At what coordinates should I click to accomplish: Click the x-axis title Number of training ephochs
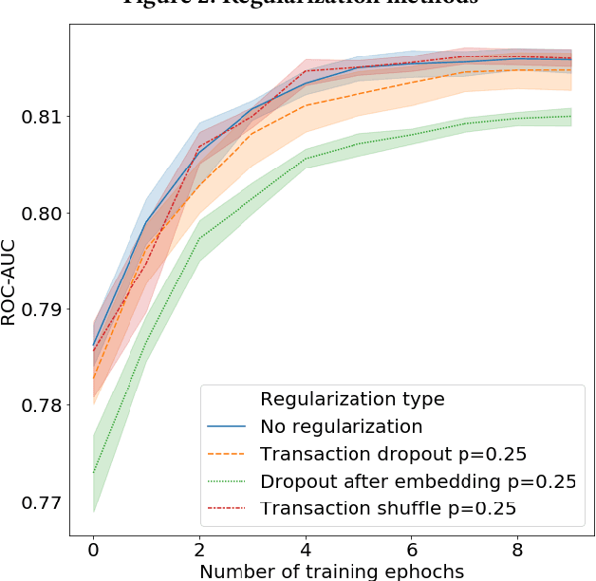click(x=332, y=571)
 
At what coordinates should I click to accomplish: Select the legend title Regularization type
click(x=352, y=398)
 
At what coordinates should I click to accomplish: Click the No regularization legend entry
click(x=341, y=425)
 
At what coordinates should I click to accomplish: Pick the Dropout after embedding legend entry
click(x=418, y=481)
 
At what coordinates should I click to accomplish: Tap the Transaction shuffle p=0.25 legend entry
click(x=388, y=509)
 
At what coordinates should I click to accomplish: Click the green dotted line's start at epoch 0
click(x=93, y=472)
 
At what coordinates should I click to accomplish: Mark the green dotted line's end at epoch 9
click(x=571, y=116)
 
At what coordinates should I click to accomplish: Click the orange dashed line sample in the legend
click(x=227, y=454)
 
